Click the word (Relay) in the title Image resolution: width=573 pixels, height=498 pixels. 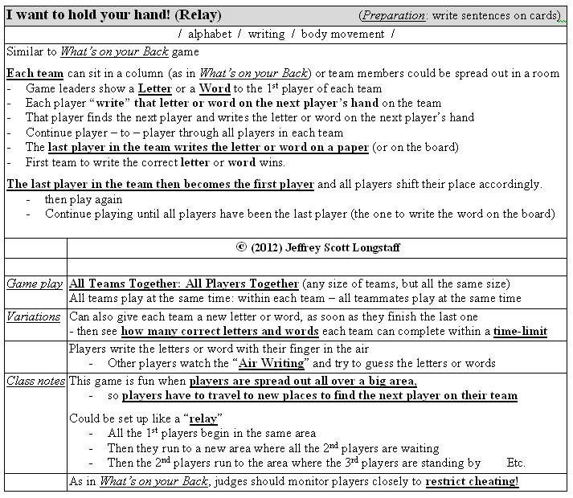tap(197, 15)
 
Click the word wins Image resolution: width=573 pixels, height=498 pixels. tap(270, 161)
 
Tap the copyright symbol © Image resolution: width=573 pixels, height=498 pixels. tap(243, 247)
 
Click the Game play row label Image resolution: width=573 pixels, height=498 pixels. tap(35, 284)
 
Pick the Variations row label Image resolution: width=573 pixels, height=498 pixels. tap(33, 316)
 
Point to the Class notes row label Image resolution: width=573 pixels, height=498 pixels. tap(36, 381)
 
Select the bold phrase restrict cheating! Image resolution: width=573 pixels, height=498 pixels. tap(472, 481)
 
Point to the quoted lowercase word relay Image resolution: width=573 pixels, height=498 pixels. tap(204, 418)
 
